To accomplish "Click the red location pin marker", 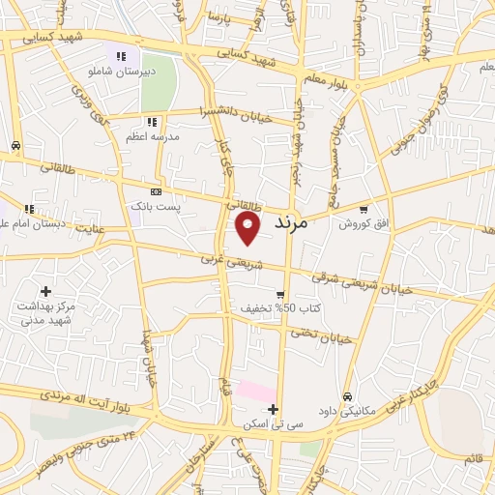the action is pos(248,227).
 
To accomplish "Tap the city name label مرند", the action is pos(290,222).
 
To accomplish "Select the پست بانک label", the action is pos(155,207).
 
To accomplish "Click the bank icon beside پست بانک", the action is pos(156,191).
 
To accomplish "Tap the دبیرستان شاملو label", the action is pos(121,73).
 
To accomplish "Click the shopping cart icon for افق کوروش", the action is pos(364,208).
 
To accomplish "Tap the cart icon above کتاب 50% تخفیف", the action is pos(280,295).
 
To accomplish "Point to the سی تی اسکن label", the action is pos(274,424).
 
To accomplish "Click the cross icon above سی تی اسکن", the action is pos(274,409).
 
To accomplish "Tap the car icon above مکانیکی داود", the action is pos(347,396).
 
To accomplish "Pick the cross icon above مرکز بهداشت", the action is pos(45,291).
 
